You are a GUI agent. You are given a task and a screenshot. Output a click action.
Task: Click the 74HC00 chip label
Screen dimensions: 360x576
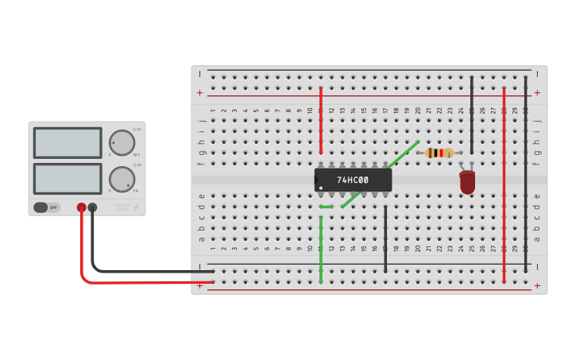(353, 180)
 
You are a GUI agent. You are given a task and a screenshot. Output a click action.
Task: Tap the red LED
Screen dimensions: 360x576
(467, 182)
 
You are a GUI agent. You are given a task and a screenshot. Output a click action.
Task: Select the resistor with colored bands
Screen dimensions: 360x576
(439, 153)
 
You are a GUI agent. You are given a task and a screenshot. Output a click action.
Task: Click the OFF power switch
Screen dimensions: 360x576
(47, 207)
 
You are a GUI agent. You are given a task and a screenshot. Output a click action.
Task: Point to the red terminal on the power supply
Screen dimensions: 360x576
(81, 207)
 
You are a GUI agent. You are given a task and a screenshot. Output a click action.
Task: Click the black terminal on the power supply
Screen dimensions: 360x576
(92, 207)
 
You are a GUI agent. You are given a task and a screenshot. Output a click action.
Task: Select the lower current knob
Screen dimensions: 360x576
(122, 179)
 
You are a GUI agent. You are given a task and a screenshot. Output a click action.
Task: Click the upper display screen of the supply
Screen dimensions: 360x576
(68, 143)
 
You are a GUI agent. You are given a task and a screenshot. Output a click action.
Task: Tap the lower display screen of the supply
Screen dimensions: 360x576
(68, 179)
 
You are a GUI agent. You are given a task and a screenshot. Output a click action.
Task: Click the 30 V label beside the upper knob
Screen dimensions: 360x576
(137, 155)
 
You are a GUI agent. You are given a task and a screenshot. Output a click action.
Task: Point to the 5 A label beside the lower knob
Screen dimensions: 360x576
(136, 192)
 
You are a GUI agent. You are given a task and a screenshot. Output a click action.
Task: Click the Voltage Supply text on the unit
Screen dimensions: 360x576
(122, 207)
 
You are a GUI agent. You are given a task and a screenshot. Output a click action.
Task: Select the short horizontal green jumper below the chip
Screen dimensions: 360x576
(327, 207)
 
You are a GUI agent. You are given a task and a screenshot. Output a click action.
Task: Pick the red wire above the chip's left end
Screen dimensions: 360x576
(321, 119)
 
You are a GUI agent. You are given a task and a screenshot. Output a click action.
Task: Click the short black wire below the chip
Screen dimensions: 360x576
(385, 238)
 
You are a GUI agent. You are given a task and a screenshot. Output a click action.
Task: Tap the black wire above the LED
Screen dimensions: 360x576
(471, 115)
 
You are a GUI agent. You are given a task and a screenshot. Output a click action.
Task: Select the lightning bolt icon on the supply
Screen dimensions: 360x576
(136, 207)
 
